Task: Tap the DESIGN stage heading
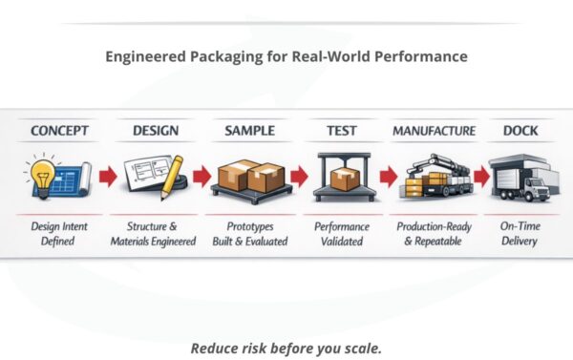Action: click(x=155, y=130)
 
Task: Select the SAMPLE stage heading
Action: click(x=249, y=130)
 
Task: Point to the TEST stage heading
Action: click(x=342, y=130)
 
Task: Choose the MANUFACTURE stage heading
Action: click(x=433, y=130)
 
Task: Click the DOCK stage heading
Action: click(x=520, y=130)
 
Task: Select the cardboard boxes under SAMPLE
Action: click(x=251, y=176)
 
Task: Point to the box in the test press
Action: click(x=343, y=177)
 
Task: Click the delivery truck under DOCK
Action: click(x=523, y=179)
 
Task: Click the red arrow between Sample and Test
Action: click(x=299, y=177)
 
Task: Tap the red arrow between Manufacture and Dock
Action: click(x=480, y=177)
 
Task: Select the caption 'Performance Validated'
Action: click(x=343, y=234)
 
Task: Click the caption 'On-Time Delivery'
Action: click(x=520, y=234)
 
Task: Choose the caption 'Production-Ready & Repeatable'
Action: click(x=433, y=234)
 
